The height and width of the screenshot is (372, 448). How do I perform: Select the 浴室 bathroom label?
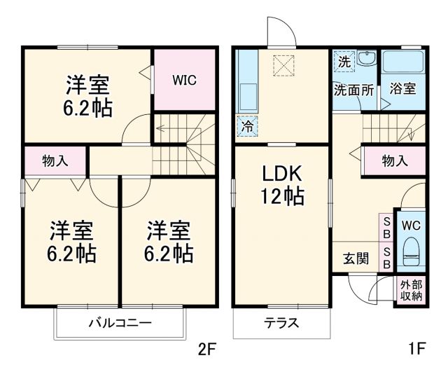point(402,89)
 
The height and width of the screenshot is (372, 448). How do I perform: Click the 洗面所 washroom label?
point(353,90)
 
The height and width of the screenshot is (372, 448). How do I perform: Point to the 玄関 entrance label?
point(356,259)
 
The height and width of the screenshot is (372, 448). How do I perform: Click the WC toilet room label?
point(409,226)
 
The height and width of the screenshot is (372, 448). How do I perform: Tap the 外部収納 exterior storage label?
point(411,290)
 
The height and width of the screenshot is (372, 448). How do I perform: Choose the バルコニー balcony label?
point(120,323)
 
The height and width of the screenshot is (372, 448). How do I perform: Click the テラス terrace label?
point(281,323)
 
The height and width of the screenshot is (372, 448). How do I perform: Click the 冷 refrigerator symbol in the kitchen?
point(247,126)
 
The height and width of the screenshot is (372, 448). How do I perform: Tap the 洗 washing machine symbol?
point(344,61)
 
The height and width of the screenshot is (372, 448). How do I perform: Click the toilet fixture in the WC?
point(411,254)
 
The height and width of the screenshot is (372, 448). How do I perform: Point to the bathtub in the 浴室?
point(403,64)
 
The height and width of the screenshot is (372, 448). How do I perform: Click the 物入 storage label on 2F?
point(55,161)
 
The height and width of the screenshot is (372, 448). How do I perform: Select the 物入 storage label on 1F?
point(395,161)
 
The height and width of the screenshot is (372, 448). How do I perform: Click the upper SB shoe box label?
point(386,227)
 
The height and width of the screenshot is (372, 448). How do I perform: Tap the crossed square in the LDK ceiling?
point(284,66)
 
